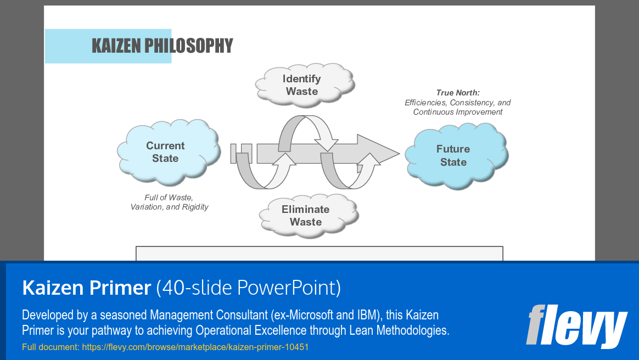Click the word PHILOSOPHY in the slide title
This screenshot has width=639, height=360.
coord(189,46)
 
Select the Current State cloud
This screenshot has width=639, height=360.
coord(165,152)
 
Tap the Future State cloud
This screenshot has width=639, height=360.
coord(453,155)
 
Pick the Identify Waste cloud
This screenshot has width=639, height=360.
coord(302,85)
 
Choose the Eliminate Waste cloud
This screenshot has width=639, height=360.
coord(306,215)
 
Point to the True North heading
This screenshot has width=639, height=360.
coord(457,93)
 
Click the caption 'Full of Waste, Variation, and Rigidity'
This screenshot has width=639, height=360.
coord(169,202)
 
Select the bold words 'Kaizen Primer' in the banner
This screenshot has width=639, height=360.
coord(86,287)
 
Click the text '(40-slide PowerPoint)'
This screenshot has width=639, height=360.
coord(249,287)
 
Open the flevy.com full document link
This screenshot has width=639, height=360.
coord(195,347)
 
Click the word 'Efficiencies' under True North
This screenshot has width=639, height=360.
coord(426,103)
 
